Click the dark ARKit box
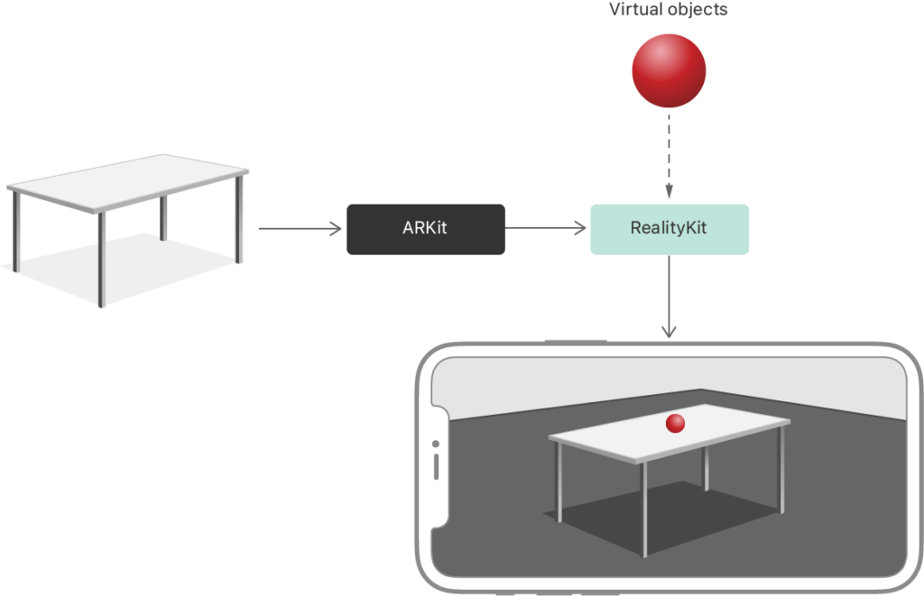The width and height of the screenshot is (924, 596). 425,229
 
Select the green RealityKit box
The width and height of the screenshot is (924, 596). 669,229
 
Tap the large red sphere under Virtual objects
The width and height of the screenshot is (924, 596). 668,71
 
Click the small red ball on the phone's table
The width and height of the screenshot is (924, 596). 675,424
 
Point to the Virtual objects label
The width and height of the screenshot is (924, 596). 668,11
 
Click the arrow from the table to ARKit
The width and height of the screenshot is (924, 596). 301,229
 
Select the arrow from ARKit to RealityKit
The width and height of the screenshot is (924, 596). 547,229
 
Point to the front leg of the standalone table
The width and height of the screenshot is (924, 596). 101,261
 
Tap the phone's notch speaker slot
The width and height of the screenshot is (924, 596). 437,468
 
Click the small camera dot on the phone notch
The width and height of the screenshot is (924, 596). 436,445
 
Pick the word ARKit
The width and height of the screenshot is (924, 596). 425,229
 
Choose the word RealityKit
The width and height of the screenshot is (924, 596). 669,229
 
